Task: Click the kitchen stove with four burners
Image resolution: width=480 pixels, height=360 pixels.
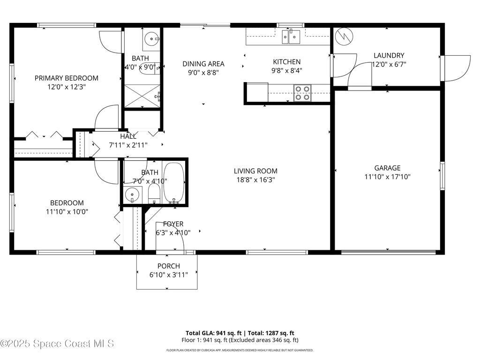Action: click(x=302, y=93)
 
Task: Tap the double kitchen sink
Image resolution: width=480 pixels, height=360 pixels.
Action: click(x=291, y=36)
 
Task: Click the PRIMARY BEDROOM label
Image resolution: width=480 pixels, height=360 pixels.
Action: click(x=67, y=78)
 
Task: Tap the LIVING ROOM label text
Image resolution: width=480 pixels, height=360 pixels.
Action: click(x=255, y=171)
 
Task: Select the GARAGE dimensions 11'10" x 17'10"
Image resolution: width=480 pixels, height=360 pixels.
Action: click(x=387, y=177)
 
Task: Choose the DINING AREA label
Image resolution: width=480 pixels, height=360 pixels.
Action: click(x=203, y=64)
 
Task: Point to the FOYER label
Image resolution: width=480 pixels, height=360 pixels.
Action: click(x=173, y=224)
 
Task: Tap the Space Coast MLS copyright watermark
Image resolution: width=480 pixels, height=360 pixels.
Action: click(x=57, y=344)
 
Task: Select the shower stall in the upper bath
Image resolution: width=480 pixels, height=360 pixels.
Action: click(x=142, y=96)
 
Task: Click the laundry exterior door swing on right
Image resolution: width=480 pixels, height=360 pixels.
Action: click(x=457, y=66)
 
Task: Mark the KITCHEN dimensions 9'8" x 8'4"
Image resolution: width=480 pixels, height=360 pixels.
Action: click(x=287, y=71)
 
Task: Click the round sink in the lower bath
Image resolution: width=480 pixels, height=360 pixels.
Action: click(x=133, y=194)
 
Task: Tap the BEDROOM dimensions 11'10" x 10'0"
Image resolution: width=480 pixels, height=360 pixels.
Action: click(x=67, y=211)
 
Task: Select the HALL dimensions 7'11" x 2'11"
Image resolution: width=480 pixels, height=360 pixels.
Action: click(x=128, y=145)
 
